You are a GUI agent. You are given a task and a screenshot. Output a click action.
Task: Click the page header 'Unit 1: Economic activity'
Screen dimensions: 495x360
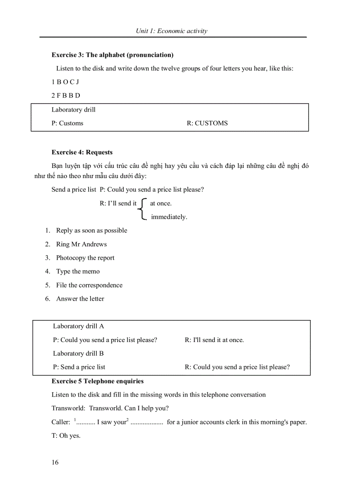click(x=171, y=31)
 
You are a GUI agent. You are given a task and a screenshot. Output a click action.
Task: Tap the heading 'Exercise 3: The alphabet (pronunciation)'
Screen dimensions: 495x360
click(x=112, y=55)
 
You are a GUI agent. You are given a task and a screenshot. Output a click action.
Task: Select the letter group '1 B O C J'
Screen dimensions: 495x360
click(x=65, y=82)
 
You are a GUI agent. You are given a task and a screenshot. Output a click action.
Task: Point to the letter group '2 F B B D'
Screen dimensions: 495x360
click(x=66, y=96)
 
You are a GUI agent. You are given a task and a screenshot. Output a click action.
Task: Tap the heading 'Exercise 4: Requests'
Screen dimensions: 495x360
click(x=82, y=153)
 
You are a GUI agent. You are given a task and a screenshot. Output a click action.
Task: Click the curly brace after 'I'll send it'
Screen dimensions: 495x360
click(x=142, y=209)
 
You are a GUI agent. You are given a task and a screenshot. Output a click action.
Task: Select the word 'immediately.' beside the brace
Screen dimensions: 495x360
click(x=169, y=217)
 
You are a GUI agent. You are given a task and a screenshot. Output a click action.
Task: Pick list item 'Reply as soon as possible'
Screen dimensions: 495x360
click(x=91, y=231)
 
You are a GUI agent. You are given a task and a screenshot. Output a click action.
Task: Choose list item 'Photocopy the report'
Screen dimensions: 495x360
click(x=85, y=258)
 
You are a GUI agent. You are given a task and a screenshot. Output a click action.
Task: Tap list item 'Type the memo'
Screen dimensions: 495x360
click(x=78, y=272)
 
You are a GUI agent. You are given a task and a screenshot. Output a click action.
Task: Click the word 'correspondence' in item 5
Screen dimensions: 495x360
click(x=101, y=285)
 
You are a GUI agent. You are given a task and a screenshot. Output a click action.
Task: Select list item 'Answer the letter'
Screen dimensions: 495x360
click(x=80, y=299)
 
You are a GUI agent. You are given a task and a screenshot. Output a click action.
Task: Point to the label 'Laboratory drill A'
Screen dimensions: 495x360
click(x=79, y=326)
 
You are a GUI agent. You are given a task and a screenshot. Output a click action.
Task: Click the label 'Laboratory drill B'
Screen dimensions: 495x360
click(x=79, y=354)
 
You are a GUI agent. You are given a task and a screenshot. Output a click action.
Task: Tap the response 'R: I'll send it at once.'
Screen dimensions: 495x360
click(x=214, y=340)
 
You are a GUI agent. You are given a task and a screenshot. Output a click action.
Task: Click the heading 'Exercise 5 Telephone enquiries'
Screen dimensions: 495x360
click(x=97, y=381)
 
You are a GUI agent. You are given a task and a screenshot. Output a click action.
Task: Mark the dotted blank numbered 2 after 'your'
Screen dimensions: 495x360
click(x=147, y=422)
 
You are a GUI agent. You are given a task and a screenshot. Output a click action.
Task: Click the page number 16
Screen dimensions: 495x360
click(x=55, y=462)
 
